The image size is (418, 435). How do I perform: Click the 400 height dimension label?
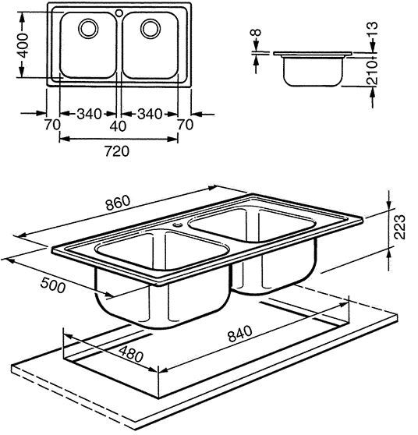coord(24,45)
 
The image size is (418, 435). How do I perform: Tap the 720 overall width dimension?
coord(117,151)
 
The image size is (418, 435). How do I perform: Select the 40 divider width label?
coord(118,126)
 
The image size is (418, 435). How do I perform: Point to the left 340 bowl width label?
coord(89,114)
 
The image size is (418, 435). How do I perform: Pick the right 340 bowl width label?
coord(150,114)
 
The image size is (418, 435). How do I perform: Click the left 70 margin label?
coord(52,125)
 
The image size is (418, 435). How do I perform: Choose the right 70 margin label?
coord(185,125)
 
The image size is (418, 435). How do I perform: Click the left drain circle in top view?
coord(88,28)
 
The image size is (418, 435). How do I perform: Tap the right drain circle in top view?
coord(151,28)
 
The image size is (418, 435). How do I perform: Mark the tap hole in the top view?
coord(119,12)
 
